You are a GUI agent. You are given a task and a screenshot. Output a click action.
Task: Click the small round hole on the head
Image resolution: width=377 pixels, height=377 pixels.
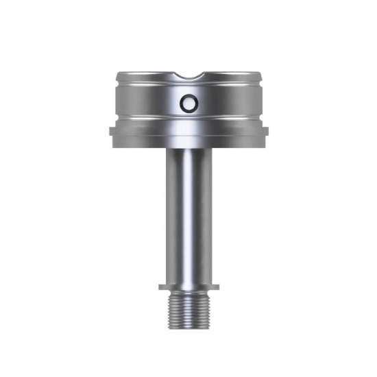click(x=188, y=104)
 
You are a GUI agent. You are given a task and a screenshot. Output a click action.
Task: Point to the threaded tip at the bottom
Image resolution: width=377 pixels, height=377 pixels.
click(x=188, y=312)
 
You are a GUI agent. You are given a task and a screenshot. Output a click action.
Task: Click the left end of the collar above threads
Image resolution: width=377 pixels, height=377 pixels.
click(x=161, y=287)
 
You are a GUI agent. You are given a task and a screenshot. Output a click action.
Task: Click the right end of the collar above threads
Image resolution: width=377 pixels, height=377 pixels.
click(x=215, y=287)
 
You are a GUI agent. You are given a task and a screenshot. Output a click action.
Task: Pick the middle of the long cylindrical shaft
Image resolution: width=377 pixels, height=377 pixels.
click(x=188, y=212)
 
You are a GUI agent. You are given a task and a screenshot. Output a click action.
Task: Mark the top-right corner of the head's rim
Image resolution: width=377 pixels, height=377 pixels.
click(x=260, y=73)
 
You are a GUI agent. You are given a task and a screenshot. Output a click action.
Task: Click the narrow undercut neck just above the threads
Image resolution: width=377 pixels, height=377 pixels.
click(x=188, y=293)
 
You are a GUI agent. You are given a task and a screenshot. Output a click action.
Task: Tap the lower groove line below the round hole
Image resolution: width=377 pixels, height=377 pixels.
click(x=188, y=120)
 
